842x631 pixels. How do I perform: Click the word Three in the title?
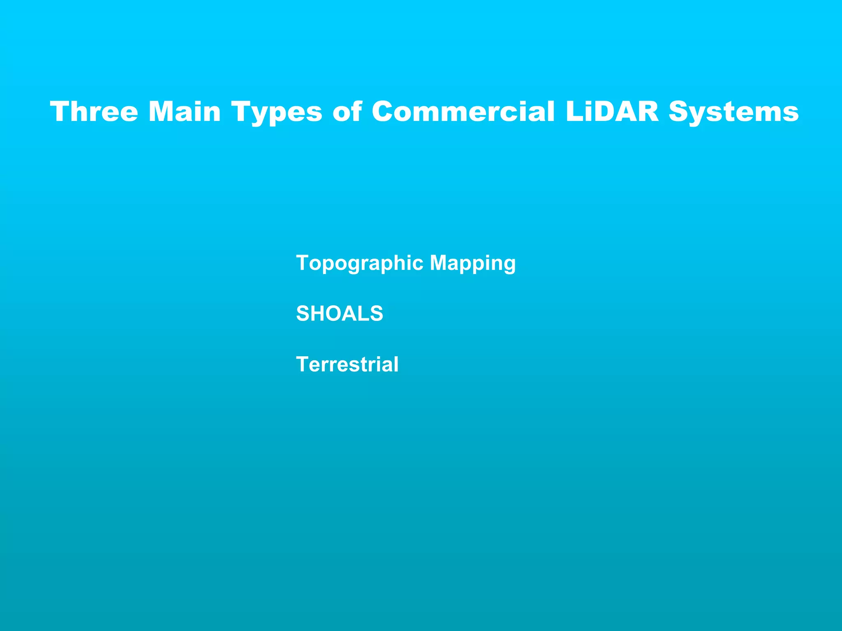click(x=94, y=111)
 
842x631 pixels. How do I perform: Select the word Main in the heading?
click(x=185, y=111)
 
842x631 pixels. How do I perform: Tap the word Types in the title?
click(x=277, y=112)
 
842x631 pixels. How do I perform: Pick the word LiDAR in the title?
click(x=612, y=111)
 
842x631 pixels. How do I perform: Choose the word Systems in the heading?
click(x=733, y=112)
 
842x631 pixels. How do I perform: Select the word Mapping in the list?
click(x=472, y=263)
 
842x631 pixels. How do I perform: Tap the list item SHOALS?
click(x=340, y=313)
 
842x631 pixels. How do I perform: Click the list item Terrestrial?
click(x=347, y=364)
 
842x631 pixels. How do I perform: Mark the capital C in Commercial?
click(x=384, y=111)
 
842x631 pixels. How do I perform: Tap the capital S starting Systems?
click(x=680, y=111)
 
